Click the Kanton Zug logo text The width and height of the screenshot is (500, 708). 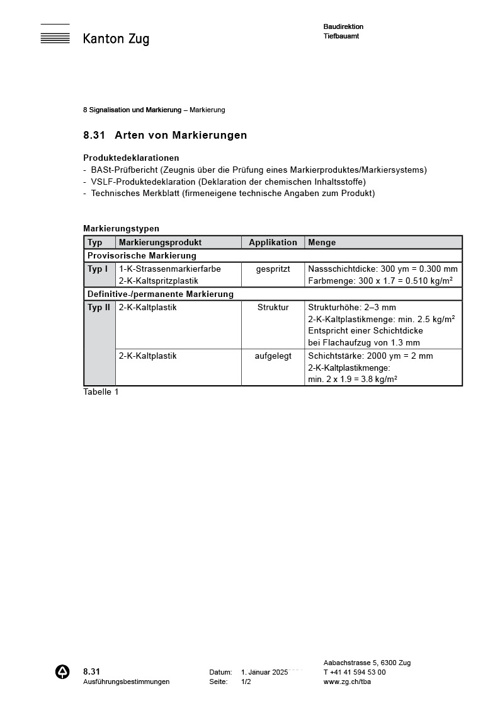pyautogui.click(x=116, y=39)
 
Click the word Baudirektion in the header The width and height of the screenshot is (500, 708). pyautogui.click(x=343, y=26)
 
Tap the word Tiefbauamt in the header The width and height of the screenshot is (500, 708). pyautogui.click(x=341, y=36)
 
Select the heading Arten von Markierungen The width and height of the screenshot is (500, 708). pyautogui.click(x=181, y=135)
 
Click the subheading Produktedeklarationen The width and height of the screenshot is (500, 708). pyautogui.click(x=131, y=158)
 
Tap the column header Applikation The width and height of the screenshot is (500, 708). pyautogui.click(x=273, y=242)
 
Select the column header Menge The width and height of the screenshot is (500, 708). pyautogui.click(x=322, y=242)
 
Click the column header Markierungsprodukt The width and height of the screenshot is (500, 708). pyautogui.click(x=160, y=242)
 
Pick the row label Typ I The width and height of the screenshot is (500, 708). pyautogui.click(x=98, y=269)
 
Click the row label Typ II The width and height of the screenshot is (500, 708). pyautogui.click(x=99, y=307)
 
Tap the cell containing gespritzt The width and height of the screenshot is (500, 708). pyautogui.click(x=273, y=269)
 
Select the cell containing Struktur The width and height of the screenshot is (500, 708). pyautogui.click(x=273, y=307)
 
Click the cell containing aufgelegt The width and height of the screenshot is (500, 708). pyautogui.click(x=273, y=356)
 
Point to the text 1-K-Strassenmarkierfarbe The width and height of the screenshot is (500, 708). pyautogui.click(x=170, y=269)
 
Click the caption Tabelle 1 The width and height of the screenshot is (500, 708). pyautogui.click(x=101, y=392)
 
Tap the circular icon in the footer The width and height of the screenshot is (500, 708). pyautogui.click(x=63, y=672)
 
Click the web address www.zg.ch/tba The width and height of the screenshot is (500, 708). pyautogui.click(x=347, y=682)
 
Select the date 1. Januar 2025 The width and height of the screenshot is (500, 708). pyautogui.click(x=264, y=672)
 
